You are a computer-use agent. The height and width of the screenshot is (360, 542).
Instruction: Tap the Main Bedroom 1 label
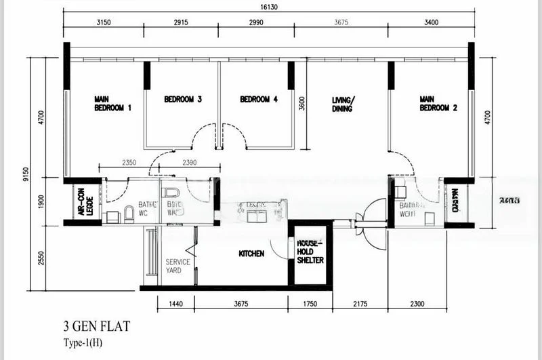tap(112, 104)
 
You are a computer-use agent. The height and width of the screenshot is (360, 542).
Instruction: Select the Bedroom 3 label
tap(183, 100)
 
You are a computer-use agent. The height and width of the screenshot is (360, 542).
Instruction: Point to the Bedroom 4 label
tap(259, 100)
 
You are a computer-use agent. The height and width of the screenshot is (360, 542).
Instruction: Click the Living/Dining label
tap(343, 104)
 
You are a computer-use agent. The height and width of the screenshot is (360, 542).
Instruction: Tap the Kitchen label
tap(251, 254)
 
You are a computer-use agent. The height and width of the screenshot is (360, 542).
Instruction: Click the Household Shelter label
tap(310, 252)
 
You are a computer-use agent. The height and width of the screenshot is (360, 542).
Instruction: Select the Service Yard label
tap(178, 266)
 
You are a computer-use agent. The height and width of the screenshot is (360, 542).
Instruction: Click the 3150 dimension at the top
tap(103, 22)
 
